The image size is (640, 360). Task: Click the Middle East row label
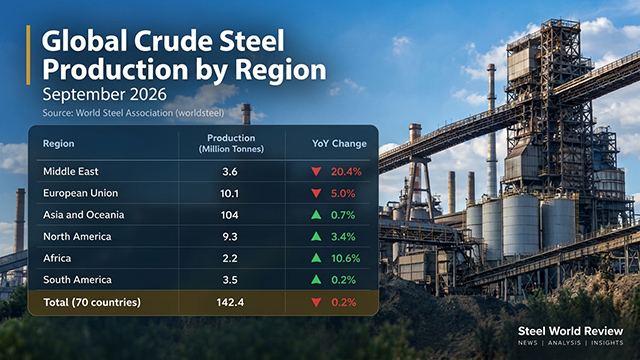tap(71, 171)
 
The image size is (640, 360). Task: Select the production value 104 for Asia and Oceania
tap(229, 215)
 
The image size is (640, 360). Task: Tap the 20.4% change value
tap(346, 172)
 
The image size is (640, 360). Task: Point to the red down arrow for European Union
tap(316, 193)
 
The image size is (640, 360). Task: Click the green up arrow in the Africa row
tap(316, 258)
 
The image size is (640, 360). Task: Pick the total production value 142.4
tap(230, 302)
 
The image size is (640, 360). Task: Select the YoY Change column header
tap(339, 144)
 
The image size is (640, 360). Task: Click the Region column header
tap(59, 144)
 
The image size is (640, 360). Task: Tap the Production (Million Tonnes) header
tap(231, 143)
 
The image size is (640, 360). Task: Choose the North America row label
tap(77, 237)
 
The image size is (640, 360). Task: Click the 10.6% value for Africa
tap(345, 258)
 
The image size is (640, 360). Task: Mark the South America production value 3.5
tap(230, 280)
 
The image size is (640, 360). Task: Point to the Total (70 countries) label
tap(92, 302)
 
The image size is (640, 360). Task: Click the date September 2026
tap(104, 94)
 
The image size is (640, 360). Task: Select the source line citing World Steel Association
tap(133, 113)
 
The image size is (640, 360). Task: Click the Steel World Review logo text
tap(570, 331)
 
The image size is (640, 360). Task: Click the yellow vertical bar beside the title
tap(28, 55)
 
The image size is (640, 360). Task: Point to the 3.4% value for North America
tap(343, 237)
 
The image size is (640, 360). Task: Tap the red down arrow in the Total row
tap(316, 302)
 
